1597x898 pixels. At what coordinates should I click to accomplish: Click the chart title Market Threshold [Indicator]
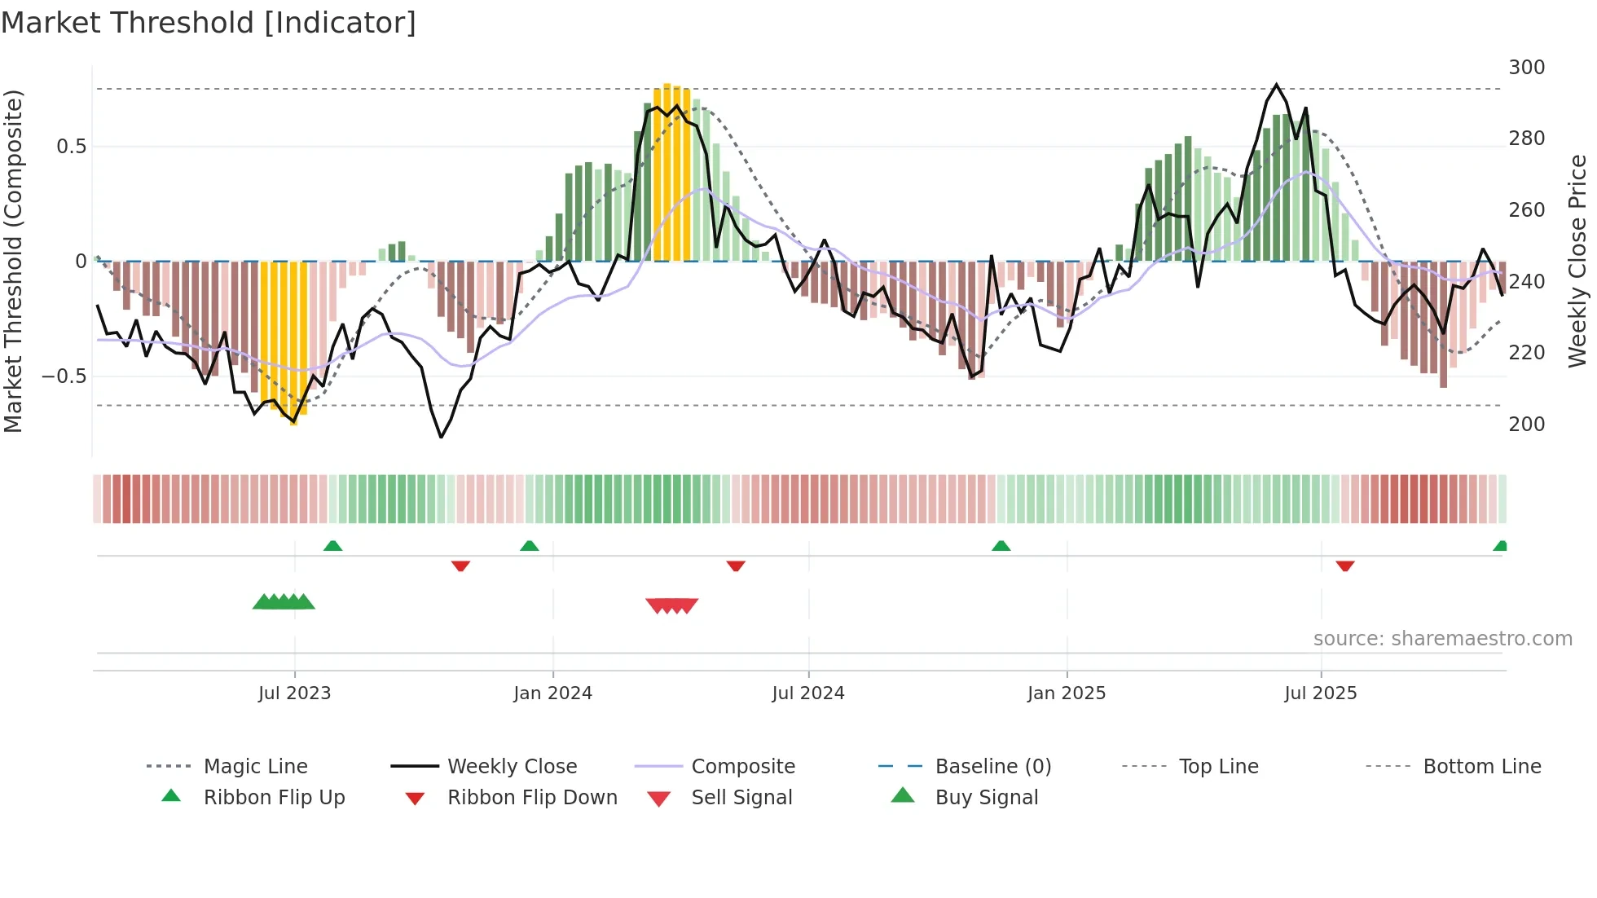pos(209,23)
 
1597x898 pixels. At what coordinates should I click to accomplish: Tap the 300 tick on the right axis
pos(1526,68)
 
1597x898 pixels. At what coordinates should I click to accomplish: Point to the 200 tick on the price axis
pos(1526,425)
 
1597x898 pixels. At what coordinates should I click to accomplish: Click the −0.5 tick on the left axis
pos(64,376)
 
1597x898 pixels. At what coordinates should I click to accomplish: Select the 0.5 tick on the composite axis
pos(71,147)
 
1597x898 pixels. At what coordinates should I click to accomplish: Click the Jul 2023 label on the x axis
pos(294,693)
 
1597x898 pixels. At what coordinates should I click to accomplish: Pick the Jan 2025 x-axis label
pos(1066,693)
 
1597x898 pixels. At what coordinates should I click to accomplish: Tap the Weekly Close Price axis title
pos(1577,261)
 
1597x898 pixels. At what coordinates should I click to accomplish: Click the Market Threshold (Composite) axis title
pos(13,261)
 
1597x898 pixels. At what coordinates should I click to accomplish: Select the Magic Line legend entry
pos(255,767)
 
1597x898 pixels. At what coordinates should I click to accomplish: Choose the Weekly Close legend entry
pos(512,767)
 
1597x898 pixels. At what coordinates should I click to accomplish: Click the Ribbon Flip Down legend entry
pos(532,798)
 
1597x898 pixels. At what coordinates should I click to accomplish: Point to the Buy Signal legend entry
pos(986,798)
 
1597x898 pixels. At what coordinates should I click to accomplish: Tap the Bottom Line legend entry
pos(1481,767)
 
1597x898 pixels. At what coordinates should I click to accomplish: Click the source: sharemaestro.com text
pos(1442,639)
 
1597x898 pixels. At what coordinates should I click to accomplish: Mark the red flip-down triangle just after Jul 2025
pos(1344,566)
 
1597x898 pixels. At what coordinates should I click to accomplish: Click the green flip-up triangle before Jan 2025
pos(1001,546)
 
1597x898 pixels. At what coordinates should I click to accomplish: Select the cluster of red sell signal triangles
pos(671,605)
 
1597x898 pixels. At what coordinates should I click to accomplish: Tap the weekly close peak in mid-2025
pos(1276,85)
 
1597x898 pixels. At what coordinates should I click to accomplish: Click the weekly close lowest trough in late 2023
pos(441,437)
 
